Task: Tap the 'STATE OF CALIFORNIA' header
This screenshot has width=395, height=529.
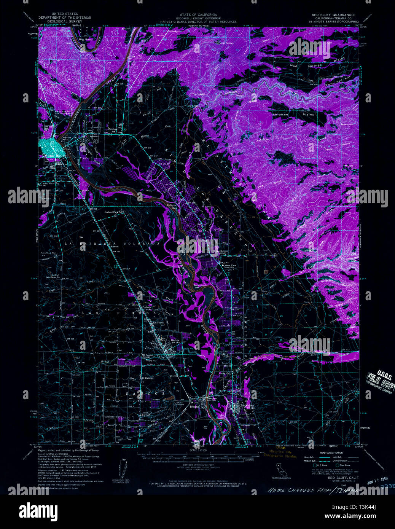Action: (x=198, y=15)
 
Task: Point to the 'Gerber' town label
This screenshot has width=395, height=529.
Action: (x=175, y=340)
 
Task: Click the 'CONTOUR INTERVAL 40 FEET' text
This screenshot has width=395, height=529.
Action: (x=198, y=465)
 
